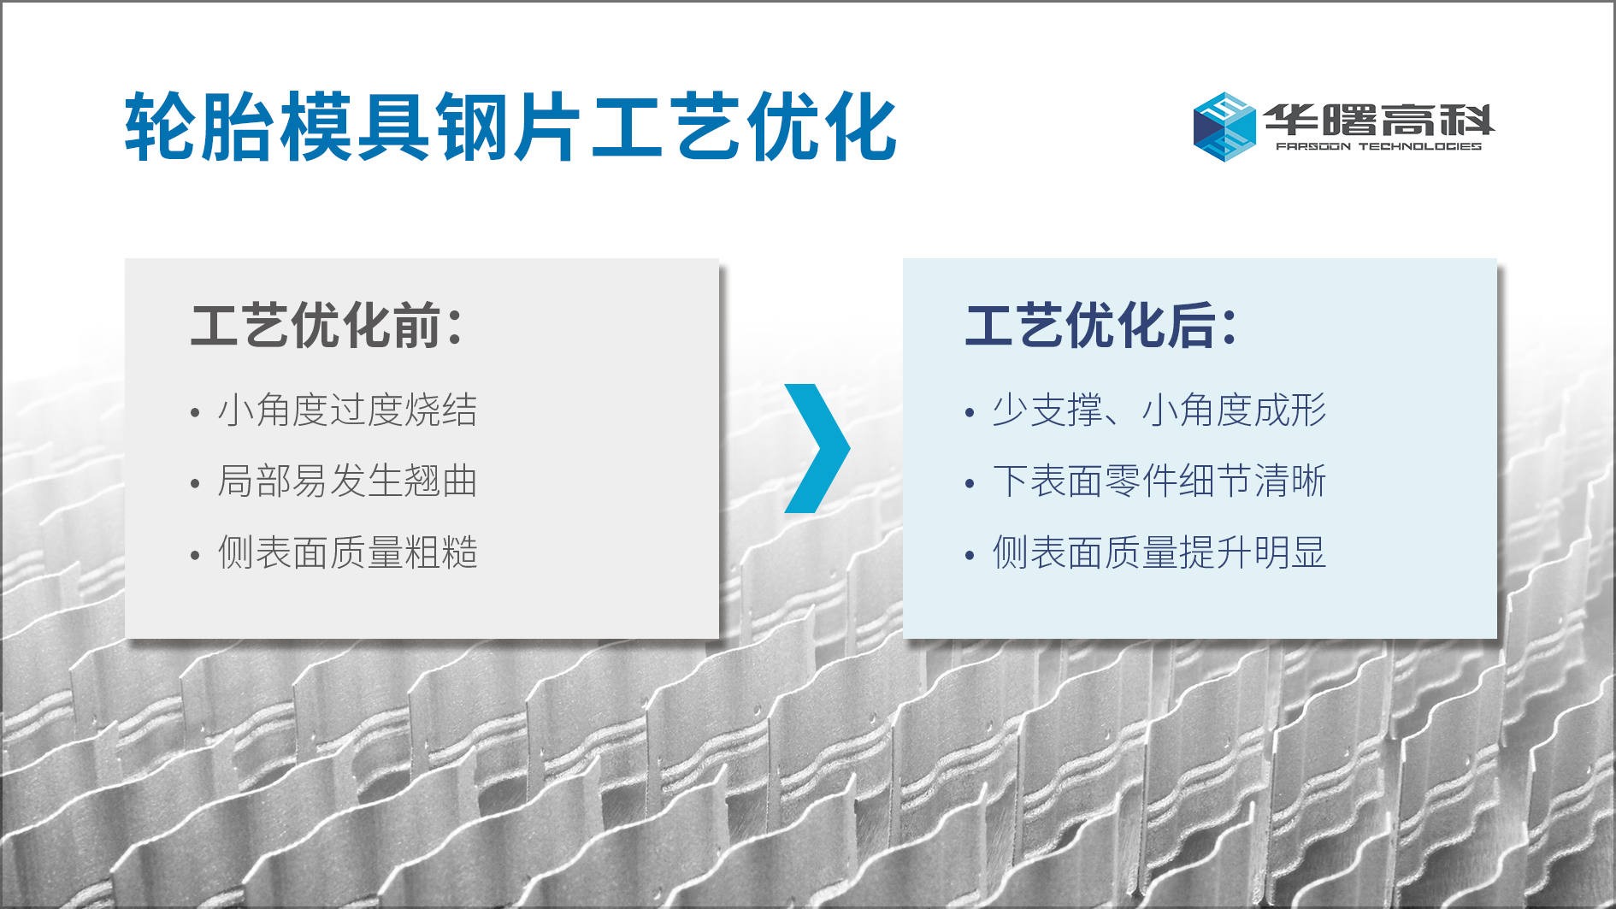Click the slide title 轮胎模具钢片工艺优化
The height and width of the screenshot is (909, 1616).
(510, 127)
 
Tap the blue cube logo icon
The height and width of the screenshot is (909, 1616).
(1224, 127)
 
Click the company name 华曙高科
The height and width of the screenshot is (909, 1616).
(1379, 120)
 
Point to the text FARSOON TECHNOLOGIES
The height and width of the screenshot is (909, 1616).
(1378, 146)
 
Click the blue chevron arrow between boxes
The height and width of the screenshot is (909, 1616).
(817, 448)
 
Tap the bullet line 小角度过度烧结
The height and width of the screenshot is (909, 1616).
(347, 410)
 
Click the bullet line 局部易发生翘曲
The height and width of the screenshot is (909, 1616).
(347, 481)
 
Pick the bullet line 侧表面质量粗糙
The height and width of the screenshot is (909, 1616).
(347, 552)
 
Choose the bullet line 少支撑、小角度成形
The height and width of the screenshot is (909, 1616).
(1159, 410)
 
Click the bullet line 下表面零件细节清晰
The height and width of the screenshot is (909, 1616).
(1159, 481)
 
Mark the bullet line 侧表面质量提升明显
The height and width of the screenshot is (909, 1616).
(1159, 552)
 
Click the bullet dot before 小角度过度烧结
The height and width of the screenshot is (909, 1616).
(195, 413)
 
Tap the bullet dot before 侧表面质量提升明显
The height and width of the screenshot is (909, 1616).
(970, 556)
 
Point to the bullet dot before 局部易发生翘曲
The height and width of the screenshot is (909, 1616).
(195, 484)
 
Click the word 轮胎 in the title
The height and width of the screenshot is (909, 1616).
(200, 127)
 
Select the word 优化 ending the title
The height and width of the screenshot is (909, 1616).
(822, 127)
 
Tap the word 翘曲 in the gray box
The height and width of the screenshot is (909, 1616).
(440, 481)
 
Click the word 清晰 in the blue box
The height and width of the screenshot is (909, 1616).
(1289, 481)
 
